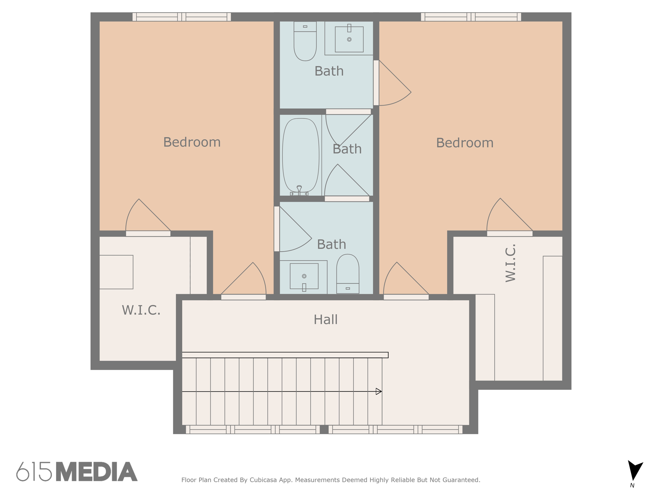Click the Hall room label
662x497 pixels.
(326, 320)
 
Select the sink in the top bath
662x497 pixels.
(349, 39)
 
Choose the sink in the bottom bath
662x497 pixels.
(304, 276)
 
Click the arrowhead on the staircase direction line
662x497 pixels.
(379, 392)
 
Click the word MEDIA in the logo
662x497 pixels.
(97, 472)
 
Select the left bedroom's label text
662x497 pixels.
(192, 142)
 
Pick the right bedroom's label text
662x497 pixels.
(464, 143)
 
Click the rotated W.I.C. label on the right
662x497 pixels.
(510, 263)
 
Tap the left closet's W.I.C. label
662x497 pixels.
(141, 310)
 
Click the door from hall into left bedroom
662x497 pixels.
(243, 297)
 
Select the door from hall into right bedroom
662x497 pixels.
(406, 297)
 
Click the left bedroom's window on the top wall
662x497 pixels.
(182, 17)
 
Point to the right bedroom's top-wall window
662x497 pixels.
(471, 17)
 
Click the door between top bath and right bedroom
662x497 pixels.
(376, 83)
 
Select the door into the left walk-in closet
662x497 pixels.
(148, 234)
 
